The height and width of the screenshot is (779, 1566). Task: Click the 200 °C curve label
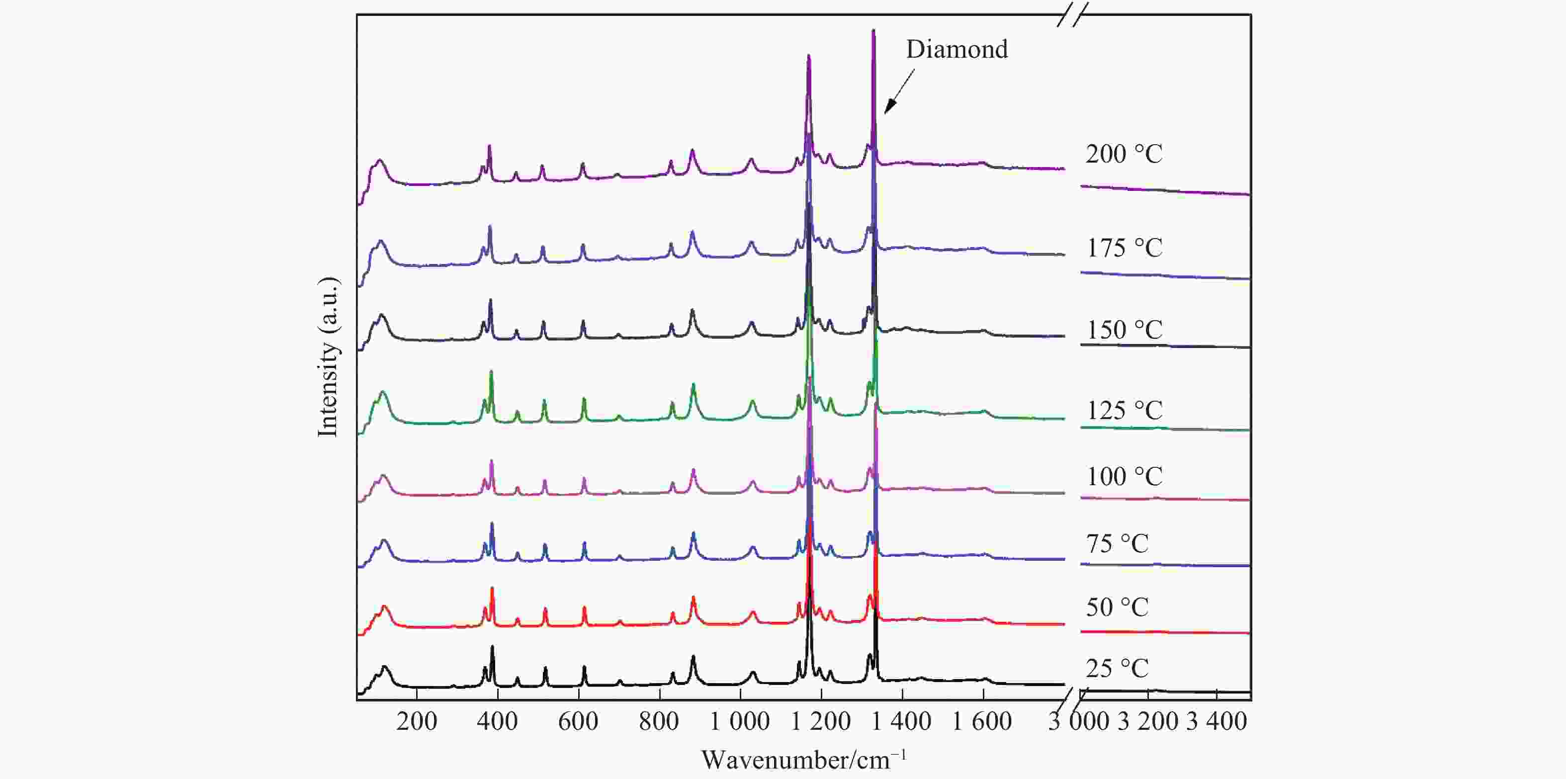point(1124,155)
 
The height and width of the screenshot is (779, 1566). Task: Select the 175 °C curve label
point(1124,248)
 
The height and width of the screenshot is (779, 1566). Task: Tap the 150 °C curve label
point(1124,330)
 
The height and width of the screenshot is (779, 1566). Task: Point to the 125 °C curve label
point(1124,411)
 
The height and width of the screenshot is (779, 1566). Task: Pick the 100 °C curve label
point(1124,476)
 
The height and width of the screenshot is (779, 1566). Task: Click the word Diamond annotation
point(957,49)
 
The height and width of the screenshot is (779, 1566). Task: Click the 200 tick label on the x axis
point(417,722)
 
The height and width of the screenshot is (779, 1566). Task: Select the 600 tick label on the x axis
point(578,722)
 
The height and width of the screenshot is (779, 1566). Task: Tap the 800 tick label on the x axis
point(659,722)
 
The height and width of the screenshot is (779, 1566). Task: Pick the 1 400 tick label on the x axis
point(901,722)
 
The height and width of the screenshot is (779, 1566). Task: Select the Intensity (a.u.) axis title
point(328,356)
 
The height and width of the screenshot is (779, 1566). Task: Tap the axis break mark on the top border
point(1071,14)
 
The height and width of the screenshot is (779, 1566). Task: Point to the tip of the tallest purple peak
point(873,30)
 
